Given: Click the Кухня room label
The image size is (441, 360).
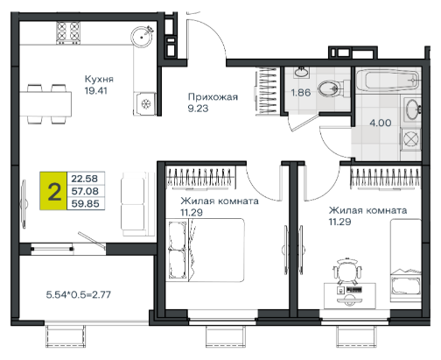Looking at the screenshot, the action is point(99,79).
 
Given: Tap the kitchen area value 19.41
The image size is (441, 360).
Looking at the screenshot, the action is point(96,91).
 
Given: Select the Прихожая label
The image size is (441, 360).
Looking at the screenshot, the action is point(213,97).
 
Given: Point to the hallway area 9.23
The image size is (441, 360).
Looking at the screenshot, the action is point(198,109).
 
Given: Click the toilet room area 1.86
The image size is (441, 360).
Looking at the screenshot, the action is point(301,93).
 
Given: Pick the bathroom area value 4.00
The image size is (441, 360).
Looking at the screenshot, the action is point(381,123).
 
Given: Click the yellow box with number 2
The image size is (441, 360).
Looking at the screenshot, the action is point(53,191).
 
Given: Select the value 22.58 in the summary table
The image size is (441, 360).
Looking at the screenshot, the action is point(85,179).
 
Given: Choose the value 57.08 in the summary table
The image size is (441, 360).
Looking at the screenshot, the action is point(85,191).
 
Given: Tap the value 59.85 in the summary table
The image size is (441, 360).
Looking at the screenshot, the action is point(85,203).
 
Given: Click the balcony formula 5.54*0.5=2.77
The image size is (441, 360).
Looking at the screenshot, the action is point(79,294).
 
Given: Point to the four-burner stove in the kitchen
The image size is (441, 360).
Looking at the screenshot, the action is point(68,32).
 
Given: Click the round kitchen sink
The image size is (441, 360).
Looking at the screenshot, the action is point(142,37).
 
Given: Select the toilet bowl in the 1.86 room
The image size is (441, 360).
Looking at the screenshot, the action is point(331,88).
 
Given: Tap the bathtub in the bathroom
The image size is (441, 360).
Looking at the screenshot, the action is point(388,80).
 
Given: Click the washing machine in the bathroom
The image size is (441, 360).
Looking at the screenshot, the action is point(411,139).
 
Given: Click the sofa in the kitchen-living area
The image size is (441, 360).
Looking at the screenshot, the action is point(133,204).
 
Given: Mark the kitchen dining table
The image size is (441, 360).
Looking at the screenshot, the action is point(45,104).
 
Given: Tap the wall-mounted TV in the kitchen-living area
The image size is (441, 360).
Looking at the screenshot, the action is point(24,204).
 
